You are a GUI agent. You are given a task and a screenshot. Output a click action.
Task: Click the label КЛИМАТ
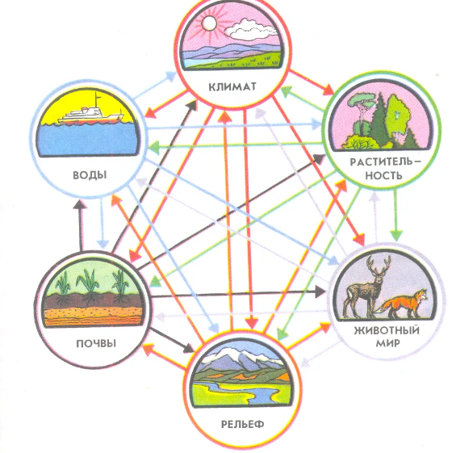point(232,87)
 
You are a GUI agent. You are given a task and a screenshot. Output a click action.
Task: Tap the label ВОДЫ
point(90,175)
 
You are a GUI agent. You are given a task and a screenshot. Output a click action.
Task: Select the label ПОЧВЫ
point(96,344)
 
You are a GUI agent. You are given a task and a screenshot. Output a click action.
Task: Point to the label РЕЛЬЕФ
point(243,424)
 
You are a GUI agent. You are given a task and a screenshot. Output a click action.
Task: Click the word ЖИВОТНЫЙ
point(387,330)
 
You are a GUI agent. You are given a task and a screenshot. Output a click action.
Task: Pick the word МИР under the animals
point(387,343)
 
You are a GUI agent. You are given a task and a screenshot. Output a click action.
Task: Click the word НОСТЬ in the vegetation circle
point(384,175)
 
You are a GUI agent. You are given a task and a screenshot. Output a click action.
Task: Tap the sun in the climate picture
point(209,23)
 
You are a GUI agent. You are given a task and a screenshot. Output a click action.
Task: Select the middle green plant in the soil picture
point(86,283)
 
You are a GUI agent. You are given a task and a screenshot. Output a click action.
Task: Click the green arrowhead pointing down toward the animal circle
point(396,235)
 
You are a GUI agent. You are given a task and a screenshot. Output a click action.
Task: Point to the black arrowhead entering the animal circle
point(320,291)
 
